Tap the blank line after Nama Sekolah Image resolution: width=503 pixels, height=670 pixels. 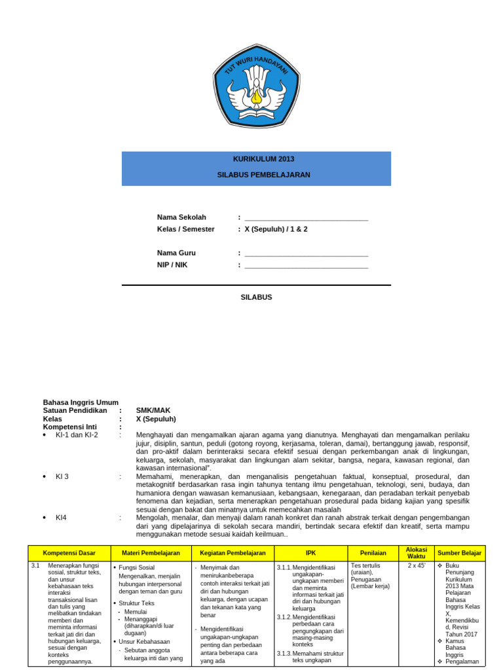tap(306, 218)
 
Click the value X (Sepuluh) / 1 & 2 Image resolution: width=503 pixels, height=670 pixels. tap(276, 229)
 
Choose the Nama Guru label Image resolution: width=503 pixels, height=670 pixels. tap(176, 253)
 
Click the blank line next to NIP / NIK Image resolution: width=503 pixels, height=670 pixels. tap(306, 266)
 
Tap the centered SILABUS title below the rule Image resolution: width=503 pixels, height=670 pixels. tap(256, 297)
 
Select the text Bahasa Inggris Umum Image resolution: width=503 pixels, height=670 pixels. tap(81, 402)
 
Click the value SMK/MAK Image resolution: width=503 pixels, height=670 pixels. tap(153, 411)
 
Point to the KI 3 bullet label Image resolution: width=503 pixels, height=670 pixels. tap(62, 476)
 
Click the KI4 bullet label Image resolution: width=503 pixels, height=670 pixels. tap(61, 518)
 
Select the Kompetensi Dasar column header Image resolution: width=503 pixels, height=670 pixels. tap(69, 553)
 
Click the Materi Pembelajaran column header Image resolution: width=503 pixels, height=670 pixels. tap(151, 553)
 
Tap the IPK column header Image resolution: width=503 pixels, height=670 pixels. tap(310, 553)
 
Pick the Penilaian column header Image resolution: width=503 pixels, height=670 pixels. tap(373, 553)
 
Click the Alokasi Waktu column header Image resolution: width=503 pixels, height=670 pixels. tap(417, 553)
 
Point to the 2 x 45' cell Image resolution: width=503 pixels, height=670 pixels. tap(417, 565)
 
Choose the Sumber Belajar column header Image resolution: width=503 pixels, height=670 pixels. tap(459, 553)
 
